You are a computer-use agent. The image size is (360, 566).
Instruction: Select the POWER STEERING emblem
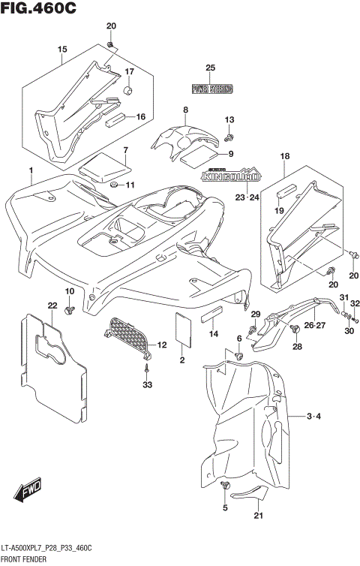(211, 89)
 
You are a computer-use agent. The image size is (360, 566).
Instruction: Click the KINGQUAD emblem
(230, 178)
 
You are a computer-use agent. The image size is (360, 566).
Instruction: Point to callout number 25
(211, 68)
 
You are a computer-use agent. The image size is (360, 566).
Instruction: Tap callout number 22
(52, 305)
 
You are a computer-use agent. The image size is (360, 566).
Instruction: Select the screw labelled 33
(148, 368)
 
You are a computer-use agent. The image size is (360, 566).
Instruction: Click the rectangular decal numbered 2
(181, 329)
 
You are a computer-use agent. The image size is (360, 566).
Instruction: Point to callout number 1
(31, 171)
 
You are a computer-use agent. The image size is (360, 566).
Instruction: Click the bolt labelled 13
(230, 137)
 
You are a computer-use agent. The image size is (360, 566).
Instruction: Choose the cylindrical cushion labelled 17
(127, 92)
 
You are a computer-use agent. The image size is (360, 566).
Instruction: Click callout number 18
(284, 155)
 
